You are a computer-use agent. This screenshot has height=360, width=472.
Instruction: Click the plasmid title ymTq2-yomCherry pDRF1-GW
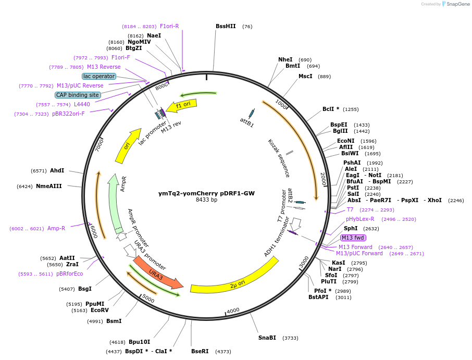pyautogui.click(x=206, y=193)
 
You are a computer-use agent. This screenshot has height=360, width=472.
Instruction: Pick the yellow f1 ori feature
pyautogui.click(x=185, y=105)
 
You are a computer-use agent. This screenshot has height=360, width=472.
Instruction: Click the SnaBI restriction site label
pyautogui.click(x=267, y=338)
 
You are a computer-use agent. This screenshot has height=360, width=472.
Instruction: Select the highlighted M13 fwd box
pyautogui.click(x=353, y=238)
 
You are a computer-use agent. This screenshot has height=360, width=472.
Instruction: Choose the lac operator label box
pyautogui.click(x=99, y=76)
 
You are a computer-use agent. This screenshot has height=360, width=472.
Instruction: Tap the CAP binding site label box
pyautogui.click(x=77, y=95)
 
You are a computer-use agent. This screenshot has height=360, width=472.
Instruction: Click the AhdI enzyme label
pyautogui.click(x=57, y=170)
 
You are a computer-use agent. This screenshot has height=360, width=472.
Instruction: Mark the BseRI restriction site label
pyautogui.click(x=200, y=352)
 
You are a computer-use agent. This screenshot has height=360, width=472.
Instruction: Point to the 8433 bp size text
pyautogui.click(x=206, y=200)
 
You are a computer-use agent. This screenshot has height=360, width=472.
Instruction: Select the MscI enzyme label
pyautogui.click(x=305, y=76)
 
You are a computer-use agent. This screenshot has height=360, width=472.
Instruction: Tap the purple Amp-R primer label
pyautogui.click(x=56, y=228)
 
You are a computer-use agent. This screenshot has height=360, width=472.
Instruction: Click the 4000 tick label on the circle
pyautogui.click(x=233, y=311)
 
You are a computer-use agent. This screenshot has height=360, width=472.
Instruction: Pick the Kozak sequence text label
pyautogui.click(x=279, y=158)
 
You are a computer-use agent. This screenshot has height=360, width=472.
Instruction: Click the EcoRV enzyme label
pyautogui.click(x=100, y=310)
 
